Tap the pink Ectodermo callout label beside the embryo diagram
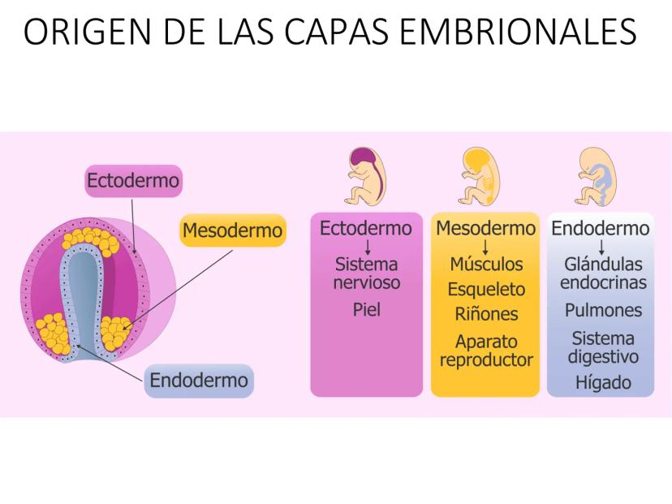(x=133, y=180)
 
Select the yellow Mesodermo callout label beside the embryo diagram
(x=233, y=230)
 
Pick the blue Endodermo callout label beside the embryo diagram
(x=199, y=380)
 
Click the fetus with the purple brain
(x=365, y=176)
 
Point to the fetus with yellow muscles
(x=478, y=176)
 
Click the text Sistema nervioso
(x=367, y=274)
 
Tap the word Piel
(x=366, y=309)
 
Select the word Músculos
(x=486, y=264)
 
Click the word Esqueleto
(x=486, y=289)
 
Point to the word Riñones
(x=486, y=314)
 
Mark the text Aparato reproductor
(x=486, y=351)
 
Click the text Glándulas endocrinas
(x=603, y=274)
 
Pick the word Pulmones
(x=603, y=310)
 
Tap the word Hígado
(x=603, y=382)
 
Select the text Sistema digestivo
(x=603, y=347)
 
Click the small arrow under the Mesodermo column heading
(x=485, y=248)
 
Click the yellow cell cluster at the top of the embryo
(x=90, y=241)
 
